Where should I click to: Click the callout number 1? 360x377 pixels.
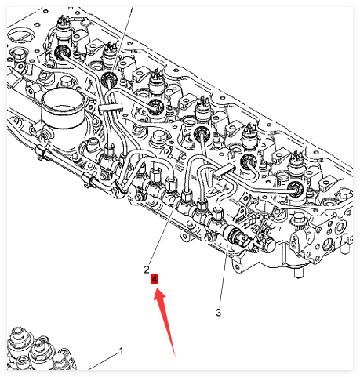(121, 351)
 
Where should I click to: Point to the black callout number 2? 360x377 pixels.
(147, 270)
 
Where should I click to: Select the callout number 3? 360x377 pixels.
(219, 312)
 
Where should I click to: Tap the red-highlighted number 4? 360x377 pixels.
(155, 279)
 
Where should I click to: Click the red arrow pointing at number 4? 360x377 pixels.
(164, 321)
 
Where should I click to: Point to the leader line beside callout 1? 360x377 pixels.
(104, 361)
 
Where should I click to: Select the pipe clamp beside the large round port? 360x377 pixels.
(111, 107)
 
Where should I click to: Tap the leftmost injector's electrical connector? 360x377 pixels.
(63, 27)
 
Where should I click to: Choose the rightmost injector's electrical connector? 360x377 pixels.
(297, 162)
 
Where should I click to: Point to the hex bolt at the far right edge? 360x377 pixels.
(344, 195)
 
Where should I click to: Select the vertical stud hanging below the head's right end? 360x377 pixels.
(299, 273)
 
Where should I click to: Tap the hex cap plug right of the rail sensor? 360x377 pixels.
(267, 245)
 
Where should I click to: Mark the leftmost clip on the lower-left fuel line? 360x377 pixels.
(42, 151)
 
